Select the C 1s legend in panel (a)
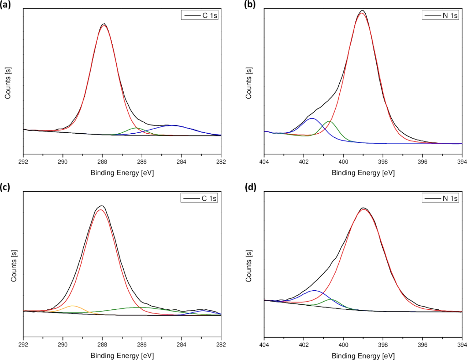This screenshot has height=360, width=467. coord(201,16)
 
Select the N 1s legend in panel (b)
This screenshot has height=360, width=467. coord(441,16)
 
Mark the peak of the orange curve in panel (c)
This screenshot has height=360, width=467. coord(73,306)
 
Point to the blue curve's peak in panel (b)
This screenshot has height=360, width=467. coord(312,118)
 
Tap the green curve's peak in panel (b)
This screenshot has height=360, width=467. coord(330,121)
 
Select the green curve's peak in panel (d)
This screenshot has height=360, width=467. coord(332,299)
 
